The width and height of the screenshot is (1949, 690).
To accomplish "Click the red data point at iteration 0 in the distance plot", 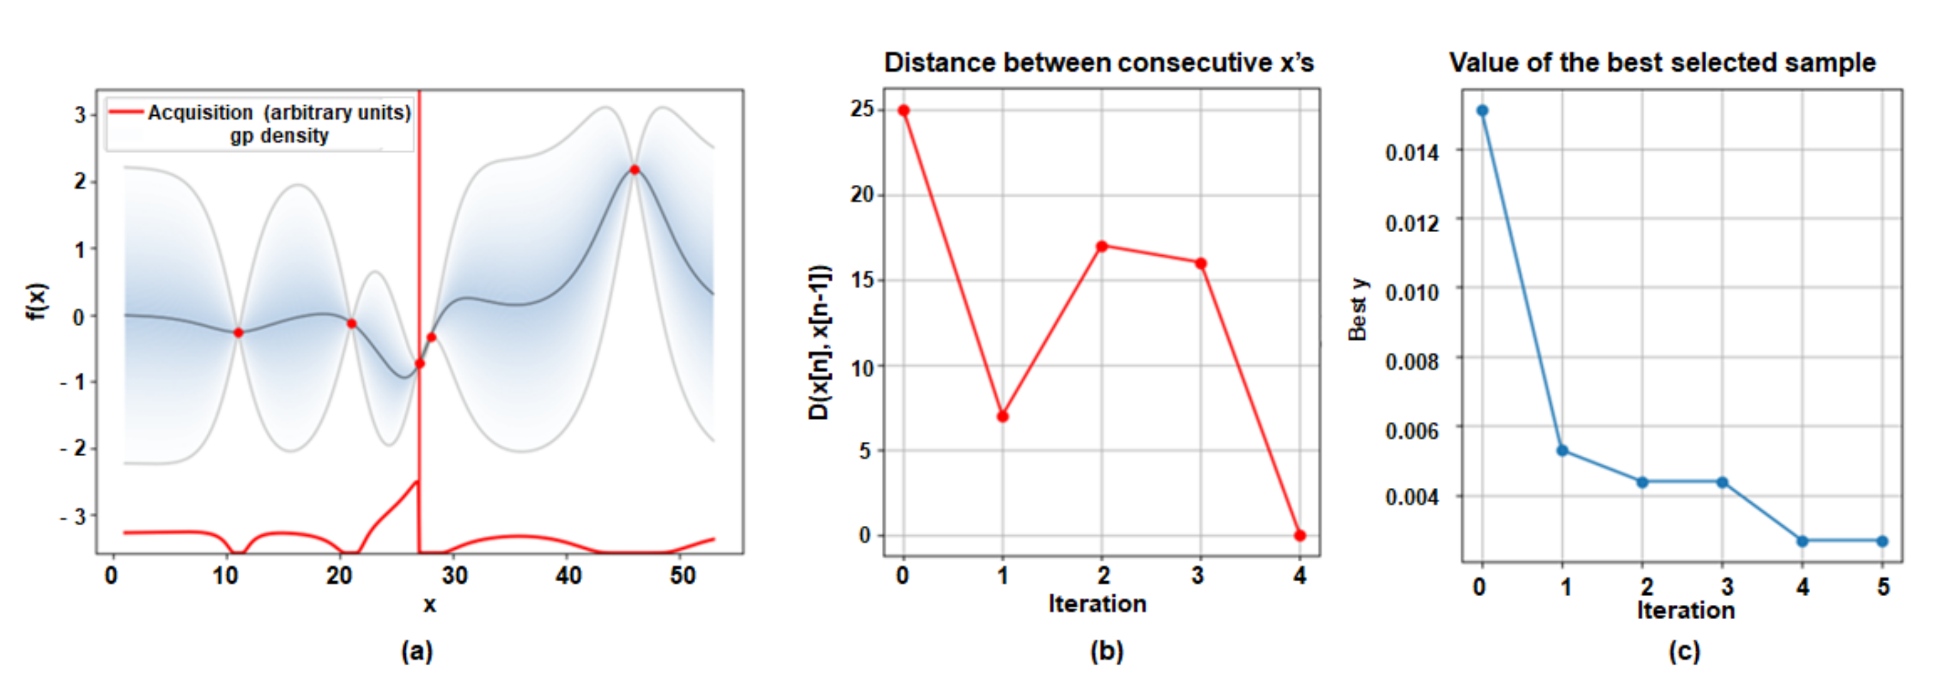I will point(904,110).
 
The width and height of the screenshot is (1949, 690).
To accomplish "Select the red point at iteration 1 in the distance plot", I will point(1002,416).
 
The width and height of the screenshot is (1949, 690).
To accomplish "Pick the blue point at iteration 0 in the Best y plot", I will point(1482,110).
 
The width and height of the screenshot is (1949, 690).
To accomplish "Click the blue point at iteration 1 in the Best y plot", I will point(1562,450).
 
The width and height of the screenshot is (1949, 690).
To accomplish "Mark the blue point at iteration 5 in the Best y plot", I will point(1882,541).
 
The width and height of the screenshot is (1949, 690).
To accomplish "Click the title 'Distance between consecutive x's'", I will point(1099,63).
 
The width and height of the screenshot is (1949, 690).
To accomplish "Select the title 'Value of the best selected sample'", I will point(1662,63).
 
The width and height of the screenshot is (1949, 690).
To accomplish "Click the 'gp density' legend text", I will point(279,136).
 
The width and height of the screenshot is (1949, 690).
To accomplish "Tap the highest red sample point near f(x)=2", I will point(635,170).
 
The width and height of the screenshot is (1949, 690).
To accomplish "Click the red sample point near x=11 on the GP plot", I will point(239,332).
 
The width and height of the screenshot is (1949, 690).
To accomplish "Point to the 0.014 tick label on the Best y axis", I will point(1412,154).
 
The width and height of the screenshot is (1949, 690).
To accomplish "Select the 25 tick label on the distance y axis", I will point(862,109).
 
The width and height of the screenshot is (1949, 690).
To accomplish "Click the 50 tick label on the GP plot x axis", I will point(683,577).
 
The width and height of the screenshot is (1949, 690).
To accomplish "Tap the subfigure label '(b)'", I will point(1106,650).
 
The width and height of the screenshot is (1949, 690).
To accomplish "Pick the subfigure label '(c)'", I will point(1684,650).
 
